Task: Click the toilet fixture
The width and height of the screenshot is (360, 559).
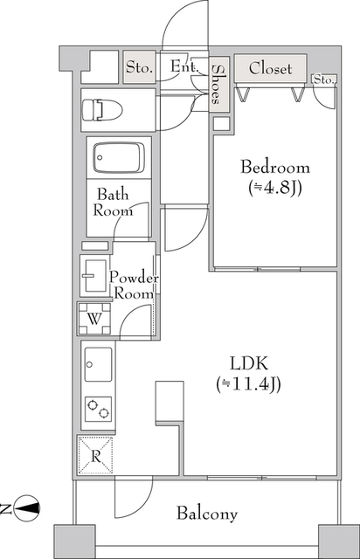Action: tap(102, 110)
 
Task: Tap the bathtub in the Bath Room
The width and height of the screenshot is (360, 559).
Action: tap(119, 157)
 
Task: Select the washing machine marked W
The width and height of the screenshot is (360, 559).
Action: tap(94, 318)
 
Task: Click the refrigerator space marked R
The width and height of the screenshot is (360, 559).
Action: tap(95, 456)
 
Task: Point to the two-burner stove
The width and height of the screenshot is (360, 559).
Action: tap(98, 409)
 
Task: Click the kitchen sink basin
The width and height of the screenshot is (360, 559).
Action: tap(98, 364)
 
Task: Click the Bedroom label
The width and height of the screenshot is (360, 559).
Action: tap(275, 167)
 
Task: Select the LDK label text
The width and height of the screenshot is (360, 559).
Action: tap(249, 363)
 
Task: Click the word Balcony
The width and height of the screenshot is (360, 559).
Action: tap(207, 514)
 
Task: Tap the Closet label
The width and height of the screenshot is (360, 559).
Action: tap(270, 68)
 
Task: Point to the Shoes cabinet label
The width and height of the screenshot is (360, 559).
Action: tap(216, 84)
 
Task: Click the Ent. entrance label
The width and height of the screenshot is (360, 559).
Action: tap(183, 66)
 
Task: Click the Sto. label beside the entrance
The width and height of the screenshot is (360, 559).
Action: tap(140, 67)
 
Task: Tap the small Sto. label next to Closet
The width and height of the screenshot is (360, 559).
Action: tap(324, 79)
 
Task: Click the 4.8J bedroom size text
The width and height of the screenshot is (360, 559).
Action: tap(275, 188)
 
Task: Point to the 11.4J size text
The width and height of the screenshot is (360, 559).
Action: tap(248, 384)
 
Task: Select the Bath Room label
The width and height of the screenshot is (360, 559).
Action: tap(113, 203)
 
